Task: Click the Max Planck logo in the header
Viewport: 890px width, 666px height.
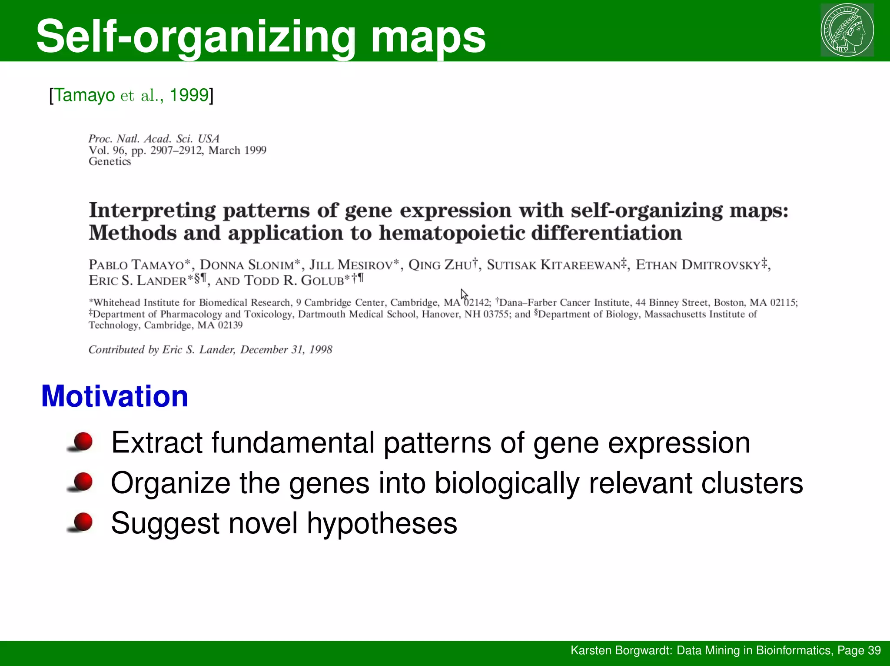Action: [x=847, y=30]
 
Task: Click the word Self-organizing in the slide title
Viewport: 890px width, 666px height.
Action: [x=196, y=37]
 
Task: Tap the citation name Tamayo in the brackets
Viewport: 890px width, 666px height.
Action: [x=85, y=95]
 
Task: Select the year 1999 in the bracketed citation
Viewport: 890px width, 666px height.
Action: [x=189, y=95]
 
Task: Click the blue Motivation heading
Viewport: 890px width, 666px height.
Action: [x=114, y=396]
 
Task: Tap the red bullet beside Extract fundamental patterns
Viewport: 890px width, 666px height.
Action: [x=83, y=442]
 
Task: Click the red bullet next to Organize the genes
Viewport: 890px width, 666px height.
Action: [x=83, y=482]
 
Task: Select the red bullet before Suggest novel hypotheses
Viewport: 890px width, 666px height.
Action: [x=83, y=522]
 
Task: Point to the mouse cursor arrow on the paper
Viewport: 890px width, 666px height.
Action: [x=464, y=295]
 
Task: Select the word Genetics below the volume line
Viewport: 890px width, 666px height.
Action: [x=110, y=161]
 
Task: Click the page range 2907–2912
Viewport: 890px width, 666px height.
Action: [x=176, y=151]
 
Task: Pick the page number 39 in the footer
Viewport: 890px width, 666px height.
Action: [x=874, y=650]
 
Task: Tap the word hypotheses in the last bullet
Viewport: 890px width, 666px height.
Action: [x=382, y=523]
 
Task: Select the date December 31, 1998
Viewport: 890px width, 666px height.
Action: [x=286, y=350]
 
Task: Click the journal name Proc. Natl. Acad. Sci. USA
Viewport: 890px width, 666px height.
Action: [x=154, y=139]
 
